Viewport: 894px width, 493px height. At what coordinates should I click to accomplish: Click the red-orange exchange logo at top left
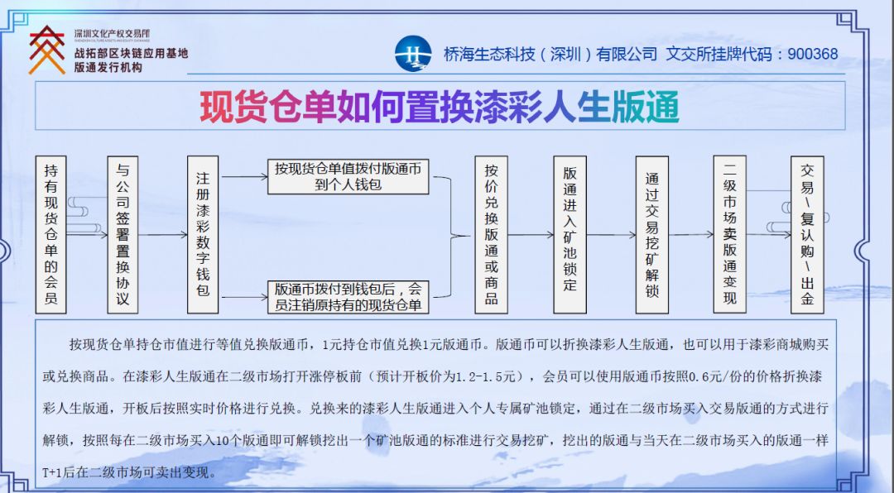tap(46, 50)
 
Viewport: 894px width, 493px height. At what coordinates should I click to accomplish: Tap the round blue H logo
tap(413, 54)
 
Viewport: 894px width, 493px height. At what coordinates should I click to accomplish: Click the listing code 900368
tap(813, 54)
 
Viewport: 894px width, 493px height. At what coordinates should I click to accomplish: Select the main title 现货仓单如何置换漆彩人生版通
tap(439, 107)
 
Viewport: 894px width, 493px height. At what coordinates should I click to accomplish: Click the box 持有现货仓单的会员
tap(51, 234)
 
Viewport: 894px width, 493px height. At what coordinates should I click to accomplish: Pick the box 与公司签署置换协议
tap(123, 234)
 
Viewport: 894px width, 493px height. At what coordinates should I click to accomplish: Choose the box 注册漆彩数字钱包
tap(203, 234)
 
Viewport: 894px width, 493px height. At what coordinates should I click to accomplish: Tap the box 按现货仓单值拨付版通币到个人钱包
tap(348, 177)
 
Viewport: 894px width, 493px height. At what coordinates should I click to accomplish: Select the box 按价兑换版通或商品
tap(491, 234)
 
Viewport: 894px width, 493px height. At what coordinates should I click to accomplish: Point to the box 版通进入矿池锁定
tap(570, 234)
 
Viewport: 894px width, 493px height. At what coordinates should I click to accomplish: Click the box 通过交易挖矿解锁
tap(651, 234)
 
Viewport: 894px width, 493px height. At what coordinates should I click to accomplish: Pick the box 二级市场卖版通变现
tap(729, 234)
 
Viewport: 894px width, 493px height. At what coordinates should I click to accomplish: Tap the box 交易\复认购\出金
tap(807, 234)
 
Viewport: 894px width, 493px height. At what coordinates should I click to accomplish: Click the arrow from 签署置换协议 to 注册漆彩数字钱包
tap(163, 235)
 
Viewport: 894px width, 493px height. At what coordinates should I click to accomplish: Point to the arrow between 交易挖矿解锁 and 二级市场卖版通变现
tap(690, 235)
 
